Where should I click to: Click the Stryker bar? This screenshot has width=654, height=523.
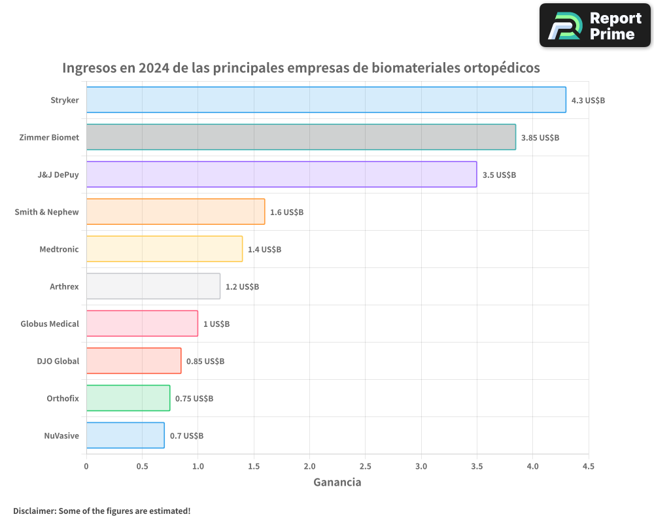(326, 100)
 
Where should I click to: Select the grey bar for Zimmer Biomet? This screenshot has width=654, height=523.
(301, 137)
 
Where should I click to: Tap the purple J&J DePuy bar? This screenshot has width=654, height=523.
(281, 175)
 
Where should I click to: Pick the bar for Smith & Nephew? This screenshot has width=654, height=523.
(175, 212)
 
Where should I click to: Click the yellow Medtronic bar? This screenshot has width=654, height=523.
(164, 249)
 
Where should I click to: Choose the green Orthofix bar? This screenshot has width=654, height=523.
(128, 398)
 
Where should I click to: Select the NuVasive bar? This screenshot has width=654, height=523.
(125, 435)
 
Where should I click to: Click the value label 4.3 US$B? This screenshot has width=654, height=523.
(588, 101)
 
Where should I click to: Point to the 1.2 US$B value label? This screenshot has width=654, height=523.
(242, 287)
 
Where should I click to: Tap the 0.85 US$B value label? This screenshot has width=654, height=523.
(205, 362)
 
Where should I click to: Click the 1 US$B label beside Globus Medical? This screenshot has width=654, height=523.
(216, 324)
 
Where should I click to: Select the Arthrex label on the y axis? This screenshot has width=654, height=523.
(64, 286)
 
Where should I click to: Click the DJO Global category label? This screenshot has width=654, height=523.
(58, 361)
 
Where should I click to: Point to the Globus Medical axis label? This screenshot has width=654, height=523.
(50, 324)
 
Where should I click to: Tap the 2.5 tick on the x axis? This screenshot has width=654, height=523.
(365, 466)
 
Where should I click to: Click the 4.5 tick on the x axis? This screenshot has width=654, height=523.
(589, 466)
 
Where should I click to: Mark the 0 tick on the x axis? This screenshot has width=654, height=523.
(86, 466)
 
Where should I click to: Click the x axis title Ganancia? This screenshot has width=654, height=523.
(337, 482)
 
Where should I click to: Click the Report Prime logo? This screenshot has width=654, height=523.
(595, 25)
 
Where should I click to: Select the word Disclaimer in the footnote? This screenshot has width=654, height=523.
(33, 511)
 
